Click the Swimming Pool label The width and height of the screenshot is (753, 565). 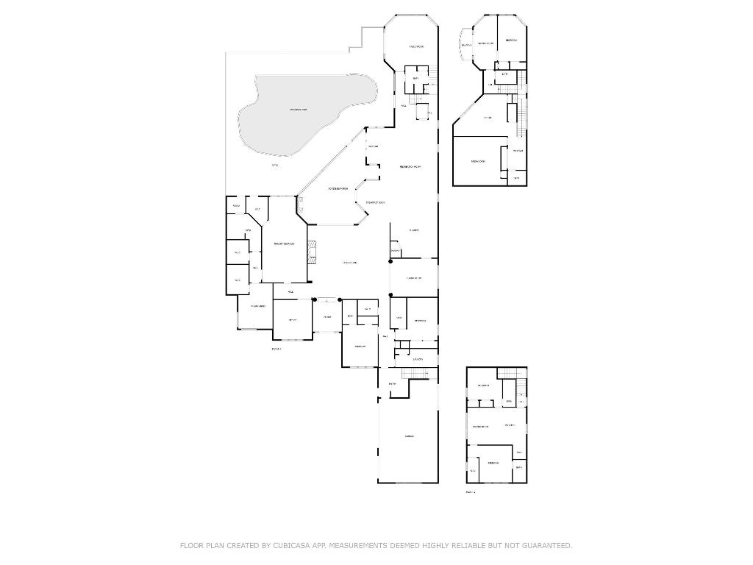pos(298,110)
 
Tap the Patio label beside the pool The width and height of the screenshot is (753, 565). pos(274,166)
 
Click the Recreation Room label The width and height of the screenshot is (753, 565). pos(410,167)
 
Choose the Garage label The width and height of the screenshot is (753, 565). pos(409,436)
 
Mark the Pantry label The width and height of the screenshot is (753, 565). pos(396,252)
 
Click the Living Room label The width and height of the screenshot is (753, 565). pos(349,263)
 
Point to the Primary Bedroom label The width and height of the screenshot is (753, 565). pos(284,244)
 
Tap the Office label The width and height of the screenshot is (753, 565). pos(292,320)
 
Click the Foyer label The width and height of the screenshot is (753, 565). pos(327,317)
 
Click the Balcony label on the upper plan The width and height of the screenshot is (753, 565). pos(465,46)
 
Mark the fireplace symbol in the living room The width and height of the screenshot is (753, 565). pos(312,251)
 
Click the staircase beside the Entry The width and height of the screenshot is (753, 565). pos(418,374)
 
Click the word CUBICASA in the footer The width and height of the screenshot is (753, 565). pos(289,545)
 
